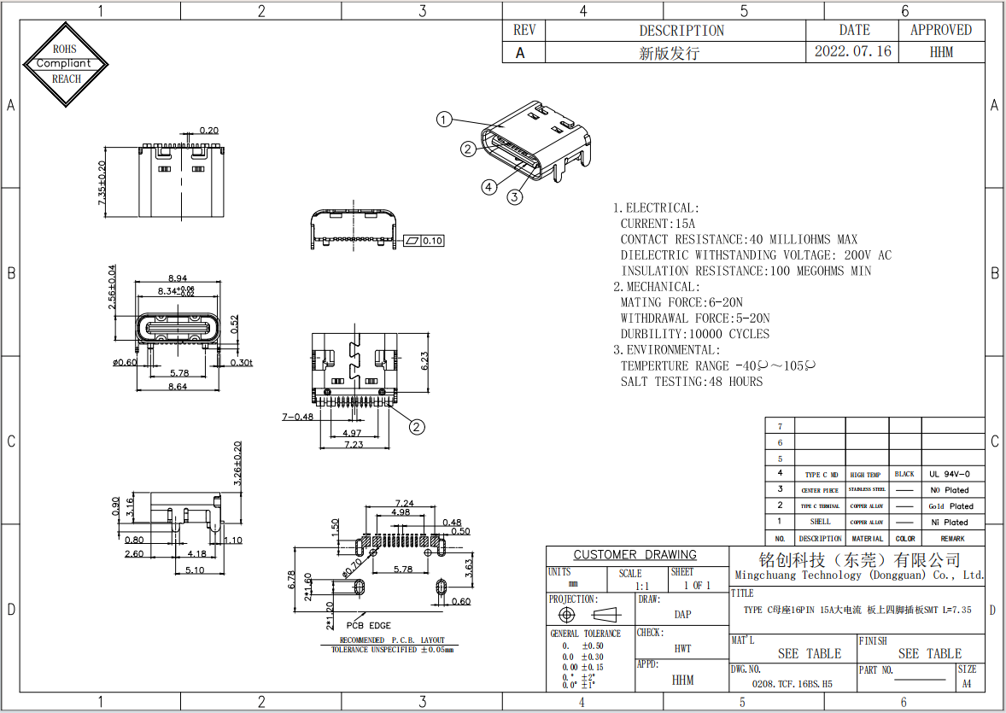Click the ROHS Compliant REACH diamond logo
(67, 64)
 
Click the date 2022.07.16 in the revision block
(852, 51)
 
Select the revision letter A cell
(523, 52)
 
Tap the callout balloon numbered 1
(443, 120)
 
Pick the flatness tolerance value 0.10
(433, 241)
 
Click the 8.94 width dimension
(178, 278)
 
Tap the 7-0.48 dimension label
(297, 417)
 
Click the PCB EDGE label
(368, 625)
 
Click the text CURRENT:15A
(658, 224)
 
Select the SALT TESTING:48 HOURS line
(691, 382)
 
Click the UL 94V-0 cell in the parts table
(950, 474)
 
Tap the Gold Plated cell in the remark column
(950, 506)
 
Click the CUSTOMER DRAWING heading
(635, 555)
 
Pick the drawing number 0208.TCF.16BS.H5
(792, 684)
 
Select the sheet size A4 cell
(967, 684)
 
